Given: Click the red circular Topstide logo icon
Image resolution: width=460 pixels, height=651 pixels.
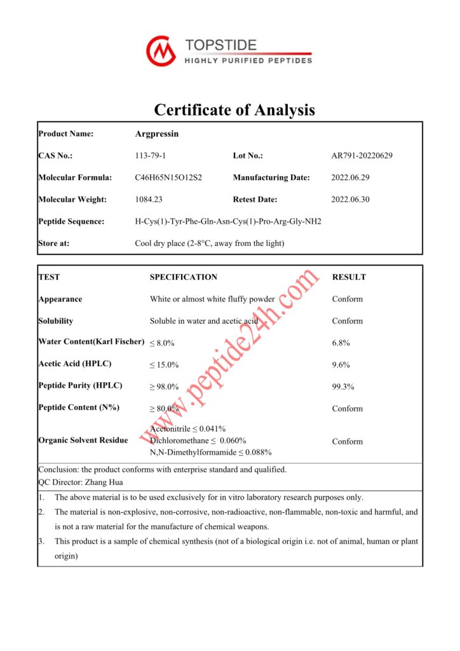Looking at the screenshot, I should (x=161, y=51).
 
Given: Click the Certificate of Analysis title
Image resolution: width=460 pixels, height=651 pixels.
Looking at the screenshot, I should (x=234, y=109).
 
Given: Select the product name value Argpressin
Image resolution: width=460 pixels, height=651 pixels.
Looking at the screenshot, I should (x=157, y=134).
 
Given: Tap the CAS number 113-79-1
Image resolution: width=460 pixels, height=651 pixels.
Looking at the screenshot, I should (x=151, y=156).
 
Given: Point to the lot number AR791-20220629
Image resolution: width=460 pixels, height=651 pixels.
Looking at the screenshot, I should (x=362, y=156).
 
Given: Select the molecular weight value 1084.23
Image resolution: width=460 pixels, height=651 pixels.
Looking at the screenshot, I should (x=149, y=199).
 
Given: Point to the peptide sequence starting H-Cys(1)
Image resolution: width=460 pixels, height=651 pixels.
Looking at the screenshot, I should (x=228, y=221).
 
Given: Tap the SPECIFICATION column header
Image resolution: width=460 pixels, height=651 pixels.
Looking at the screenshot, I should (x=184, y=277).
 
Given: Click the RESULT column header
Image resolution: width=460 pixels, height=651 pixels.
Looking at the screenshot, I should (x=349, y=277).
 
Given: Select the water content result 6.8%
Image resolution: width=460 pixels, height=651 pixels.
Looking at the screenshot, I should (x=341, y=343).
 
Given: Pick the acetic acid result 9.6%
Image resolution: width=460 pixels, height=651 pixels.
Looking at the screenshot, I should (x=341, y=365).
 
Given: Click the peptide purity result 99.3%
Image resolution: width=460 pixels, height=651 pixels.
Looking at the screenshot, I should (x=343, y=387).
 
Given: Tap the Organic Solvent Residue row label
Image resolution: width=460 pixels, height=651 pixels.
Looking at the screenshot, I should (x=83, y=440).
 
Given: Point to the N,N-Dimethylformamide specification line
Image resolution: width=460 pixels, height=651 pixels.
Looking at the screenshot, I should (x=211, y=452).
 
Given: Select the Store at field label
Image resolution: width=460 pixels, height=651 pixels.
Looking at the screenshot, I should (x=54, y=243).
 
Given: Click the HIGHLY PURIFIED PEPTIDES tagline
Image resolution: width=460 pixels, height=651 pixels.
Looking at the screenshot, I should (x=248, y=61).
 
